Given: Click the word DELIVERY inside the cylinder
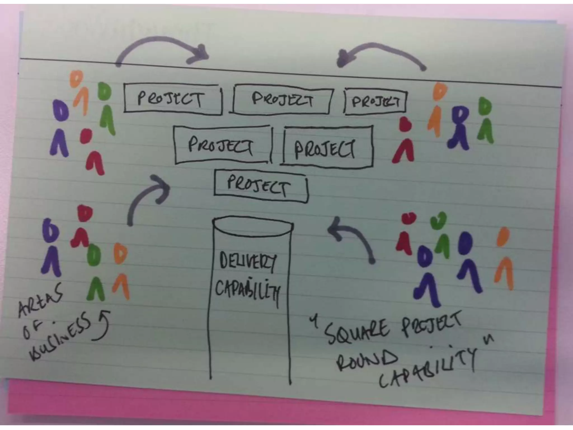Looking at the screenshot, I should click(248, 261).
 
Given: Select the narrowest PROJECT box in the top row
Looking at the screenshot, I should click(375, 101).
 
